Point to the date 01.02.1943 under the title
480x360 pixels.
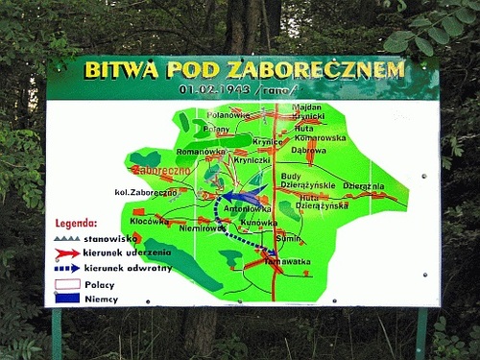(x=208, y=91)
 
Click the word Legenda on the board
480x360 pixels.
(x=76, y=223)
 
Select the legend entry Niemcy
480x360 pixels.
(x=101, y=299)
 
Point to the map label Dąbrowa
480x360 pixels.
(x=308, y=150)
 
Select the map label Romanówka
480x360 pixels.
(x=200, y=152)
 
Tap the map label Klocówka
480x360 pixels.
(x=149, y=222)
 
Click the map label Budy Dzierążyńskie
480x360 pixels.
(x=308, y=180)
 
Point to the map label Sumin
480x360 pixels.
(x=287, y=237)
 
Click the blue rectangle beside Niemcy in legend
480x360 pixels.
(x=66, y=299)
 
